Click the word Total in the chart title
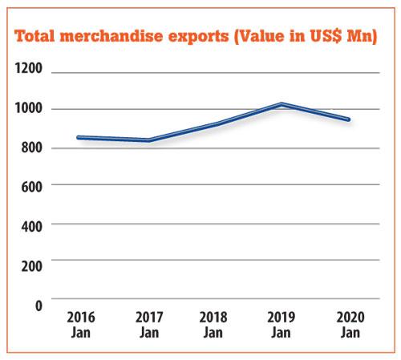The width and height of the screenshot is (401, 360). tap(34, 36)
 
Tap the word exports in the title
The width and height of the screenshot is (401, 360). tap(198, 37)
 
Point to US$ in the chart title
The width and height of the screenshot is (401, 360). tap(326, 36)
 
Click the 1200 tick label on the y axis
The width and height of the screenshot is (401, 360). tap(28, 68)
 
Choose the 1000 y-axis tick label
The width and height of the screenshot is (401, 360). tap(28, 108)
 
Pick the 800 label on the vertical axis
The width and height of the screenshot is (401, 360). tap(32, 148)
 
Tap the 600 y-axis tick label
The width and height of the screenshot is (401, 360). tap(32, 187)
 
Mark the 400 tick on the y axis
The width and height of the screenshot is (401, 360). tap(32, 226)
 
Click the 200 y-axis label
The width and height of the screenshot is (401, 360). tap(32, 266)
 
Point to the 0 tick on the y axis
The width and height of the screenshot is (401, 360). tap(39, 305)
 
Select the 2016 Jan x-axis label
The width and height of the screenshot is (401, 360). tap(81, 325)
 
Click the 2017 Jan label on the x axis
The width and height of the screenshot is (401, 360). tap(149, 325)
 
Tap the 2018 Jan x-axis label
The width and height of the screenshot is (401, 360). tap(213, 325)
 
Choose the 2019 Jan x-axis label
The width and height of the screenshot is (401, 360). tap(282, 325)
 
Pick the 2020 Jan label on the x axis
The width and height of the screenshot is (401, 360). tap(350, 325)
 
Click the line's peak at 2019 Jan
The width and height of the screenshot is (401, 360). tap(282, 104)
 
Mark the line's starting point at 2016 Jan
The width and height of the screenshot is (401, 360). tap(79, 137)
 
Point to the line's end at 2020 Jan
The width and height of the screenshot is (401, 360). tap(348, 119)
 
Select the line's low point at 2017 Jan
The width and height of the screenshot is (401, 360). tap(149, 140)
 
